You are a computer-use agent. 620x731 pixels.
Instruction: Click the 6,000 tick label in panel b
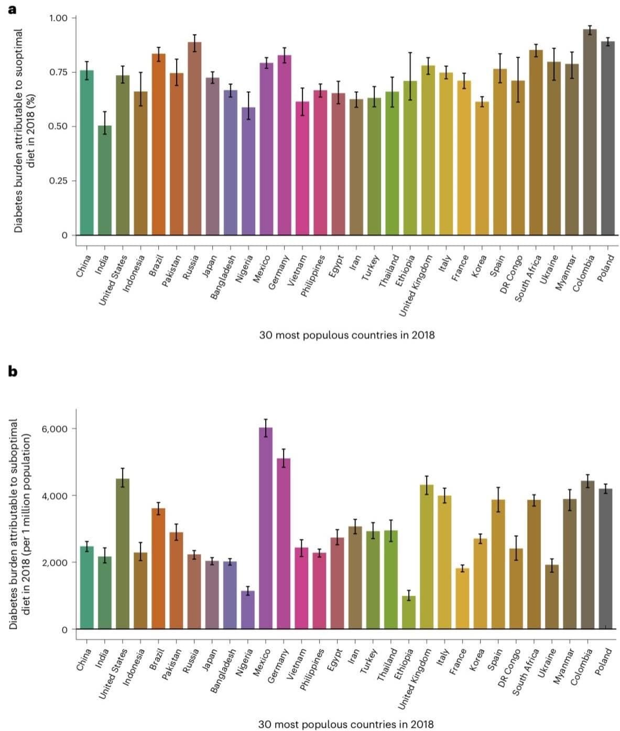[55, 429]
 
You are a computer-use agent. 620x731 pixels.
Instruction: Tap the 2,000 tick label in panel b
[55, 563]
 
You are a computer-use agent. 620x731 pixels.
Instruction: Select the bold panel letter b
[13, 371]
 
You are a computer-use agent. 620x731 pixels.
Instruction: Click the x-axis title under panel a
[347, 335]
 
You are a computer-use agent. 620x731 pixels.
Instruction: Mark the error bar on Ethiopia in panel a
[410, 76]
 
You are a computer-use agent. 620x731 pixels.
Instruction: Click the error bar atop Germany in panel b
[284, 458]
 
